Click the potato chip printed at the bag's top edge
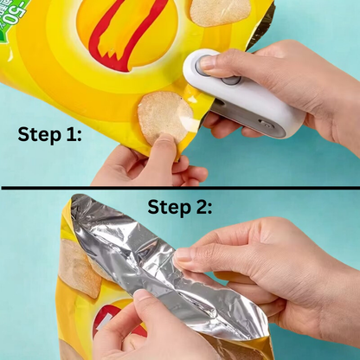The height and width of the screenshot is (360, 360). click(221, 10)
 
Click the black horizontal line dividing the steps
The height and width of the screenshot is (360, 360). click(180, 187)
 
